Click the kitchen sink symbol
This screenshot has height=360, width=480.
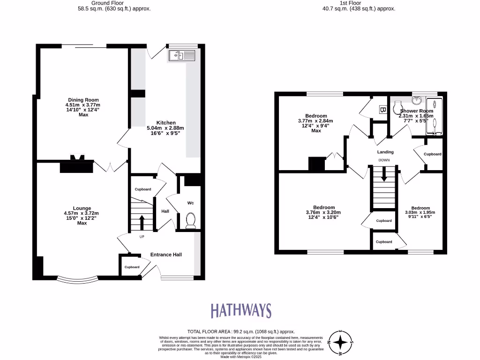181,55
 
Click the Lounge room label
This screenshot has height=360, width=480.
82,208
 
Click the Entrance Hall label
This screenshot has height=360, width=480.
166,255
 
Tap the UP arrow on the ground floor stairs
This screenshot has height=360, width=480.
142,221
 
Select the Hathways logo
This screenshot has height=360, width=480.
240,310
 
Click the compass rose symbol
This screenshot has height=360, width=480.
341,343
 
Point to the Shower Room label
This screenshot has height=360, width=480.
416,111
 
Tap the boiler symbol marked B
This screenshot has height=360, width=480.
382,110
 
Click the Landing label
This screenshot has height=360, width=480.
385,152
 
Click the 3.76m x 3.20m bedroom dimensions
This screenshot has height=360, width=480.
324,212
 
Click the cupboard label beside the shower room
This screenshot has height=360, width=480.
432,154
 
